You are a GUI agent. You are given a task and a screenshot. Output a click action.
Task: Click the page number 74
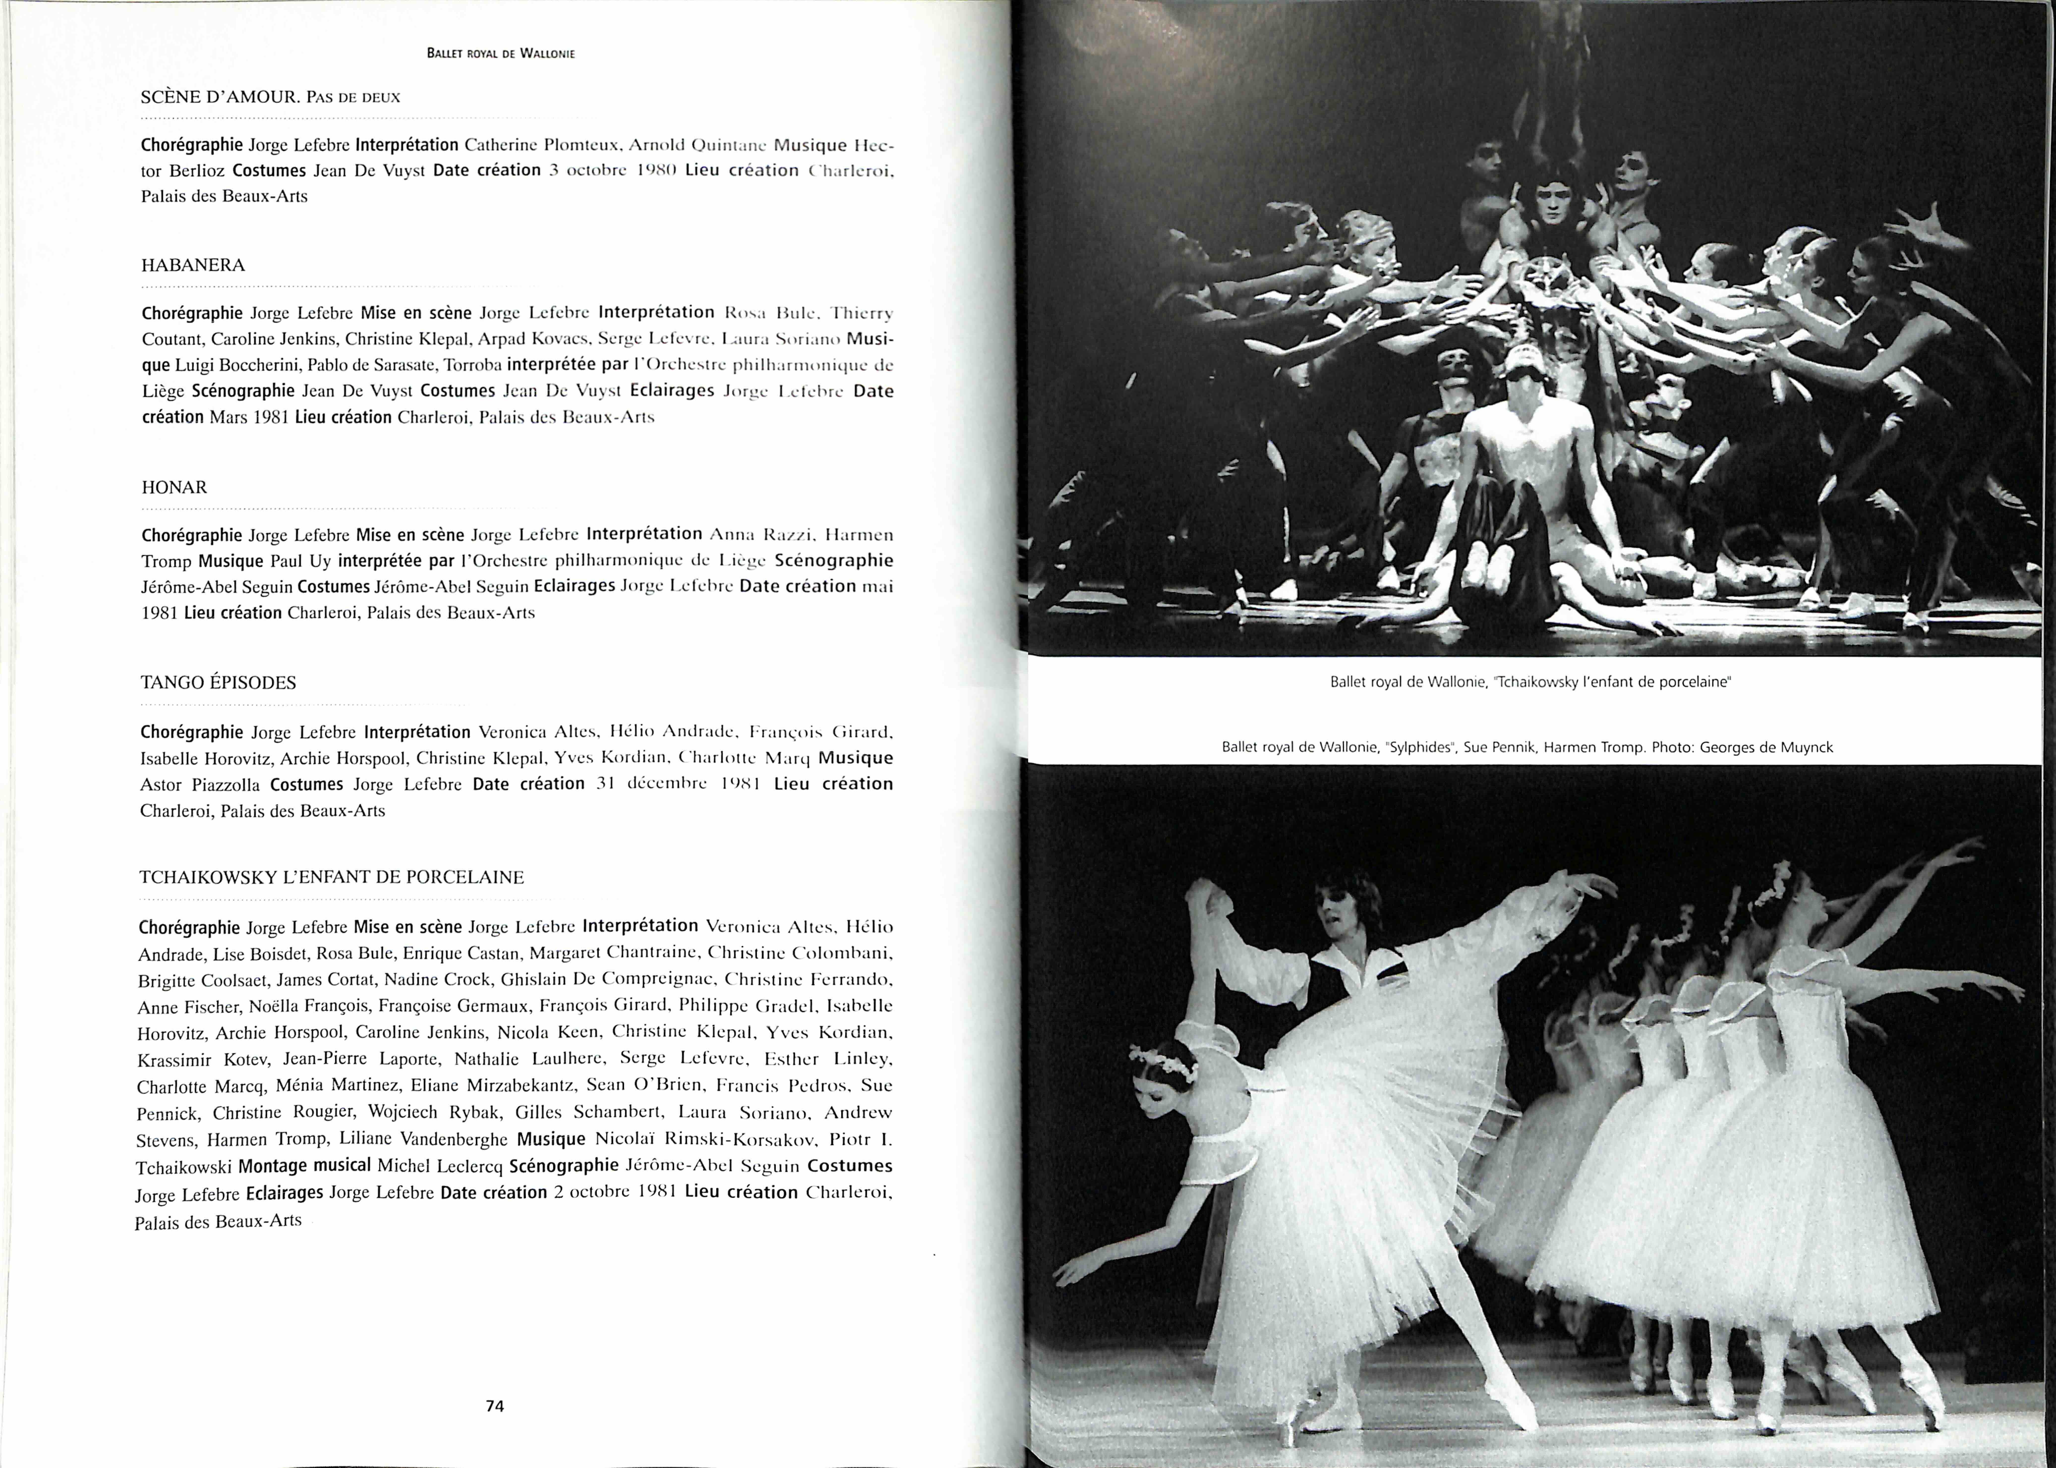pos(495,1406)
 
